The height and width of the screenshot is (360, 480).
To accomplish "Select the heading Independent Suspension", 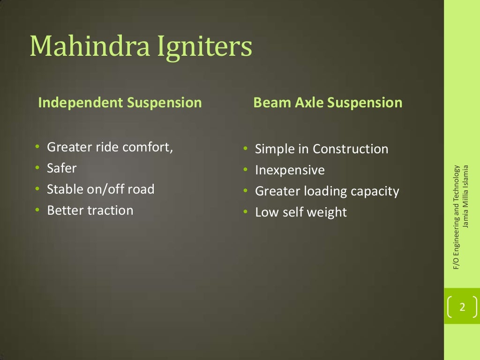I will (x=120, y=103).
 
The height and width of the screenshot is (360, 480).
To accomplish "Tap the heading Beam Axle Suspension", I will (x=328, y=103).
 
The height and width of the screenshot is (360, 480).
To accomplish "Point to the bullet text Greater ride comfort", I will (x=110, y=147).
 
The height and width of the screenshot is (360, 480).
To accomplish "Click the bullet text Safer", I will (x=61, y=168).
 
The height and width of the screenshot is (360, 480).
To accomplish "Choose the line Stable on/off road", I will (x=100, y=189).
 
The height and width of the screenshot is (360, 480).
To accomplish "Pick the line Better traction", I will (x=90, y=210).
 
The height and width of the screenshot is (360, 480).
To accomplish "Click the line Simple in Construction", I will (x=322, y=149).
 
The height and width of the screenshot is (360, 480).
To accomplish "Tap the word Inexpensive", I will (x=290, y=170).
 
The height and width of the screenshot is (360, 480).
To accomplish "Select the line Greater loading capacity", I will (x=327, y=191).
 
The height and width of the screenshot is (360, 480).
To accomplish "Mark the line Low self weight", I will (x=300, y=212).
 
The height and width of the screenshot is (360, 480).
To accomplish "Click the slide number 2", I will (x=462, y=307).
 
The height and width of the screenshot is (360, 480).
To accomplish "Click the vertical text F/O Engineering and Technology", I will (x=456, y=217).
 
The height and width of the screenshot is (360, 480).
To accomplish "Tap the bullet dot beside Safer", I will (x=37, y=168).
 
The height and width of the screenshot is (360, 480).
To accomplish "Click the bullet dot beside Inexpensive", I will (x=245, y=171).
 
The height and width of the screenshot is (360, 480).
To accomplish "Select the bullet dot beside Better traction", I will (x=37, y=210).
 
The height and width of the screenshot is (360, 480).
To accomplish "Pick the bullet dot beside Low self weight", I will (x=245, y=213).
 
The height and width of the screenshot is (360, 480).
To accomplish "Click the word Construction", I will (x=351, y=149).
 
